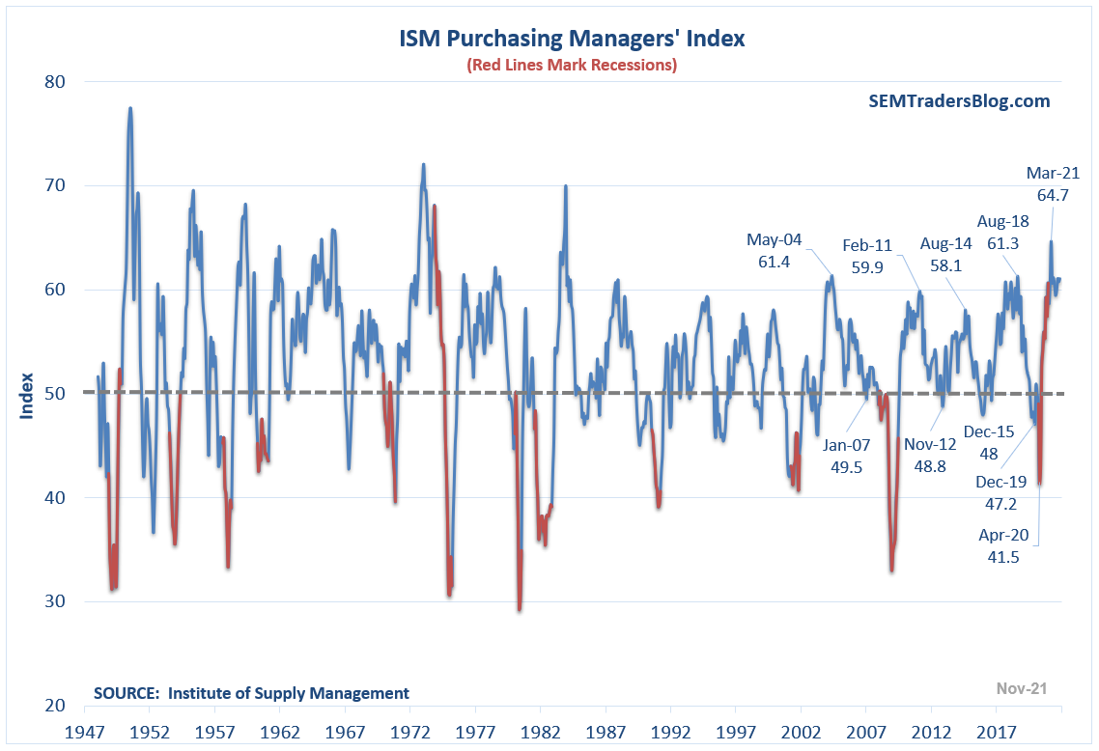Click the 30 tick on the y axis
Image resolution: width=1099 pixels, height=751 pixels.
tap(52, 601)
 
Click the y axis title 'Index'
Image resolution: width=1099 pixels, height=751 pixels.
tap(27, 395)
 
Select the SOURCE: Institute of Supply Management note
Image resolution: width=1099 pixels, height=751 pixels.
tap(251, 693)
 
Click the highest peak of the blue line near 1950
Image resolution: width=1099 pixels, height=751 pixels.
tap(129, 108)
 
